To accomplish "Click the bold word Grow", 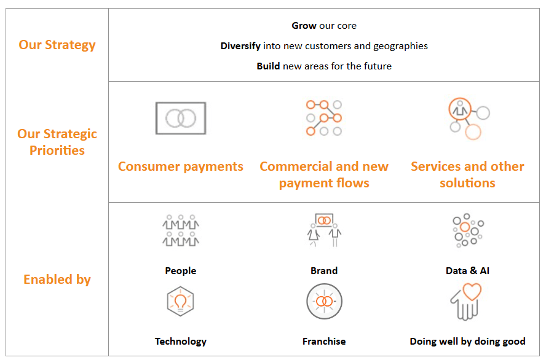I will [x=304, y=26].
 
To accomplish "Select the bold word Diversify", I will [x=241, y=46].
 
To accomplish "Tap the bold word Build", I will [x=268, y=66].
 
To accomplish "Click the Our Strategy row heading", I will [x=57, y=45].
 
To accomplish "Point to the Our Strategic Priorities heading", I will [x=57, y=142].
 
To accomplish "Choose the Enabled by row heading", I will [x=57, y=280].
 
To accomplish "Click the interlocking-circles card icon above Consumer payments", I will [x=180, y=118].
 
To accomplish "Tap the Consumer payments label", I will [x=180, y=166].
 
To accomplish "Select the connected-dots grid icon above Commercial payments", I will [x=324, y=118].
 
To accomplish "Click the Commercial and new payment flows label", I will [x=324, y=174].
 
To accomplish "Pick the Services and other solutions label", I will [x=467, y=174].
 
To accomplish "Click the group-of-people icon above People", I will [x=180, y=231].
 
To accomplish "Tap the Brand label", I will [x=324, y=270].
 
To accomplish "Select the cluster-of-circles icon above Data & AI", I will [x=467, y=231].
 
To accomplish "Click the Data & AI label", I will [x=467, y=270].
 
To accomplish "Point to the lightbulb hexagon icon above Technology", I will [x=180, y=302].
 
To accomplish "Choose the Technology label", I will [x=180, y=341].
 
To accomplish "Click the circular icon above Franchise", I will [x=324, y=302].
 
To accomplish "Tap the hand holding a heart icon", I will [x=465, y=302].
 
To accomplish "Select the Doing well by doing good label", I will [x=467, y=341].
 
